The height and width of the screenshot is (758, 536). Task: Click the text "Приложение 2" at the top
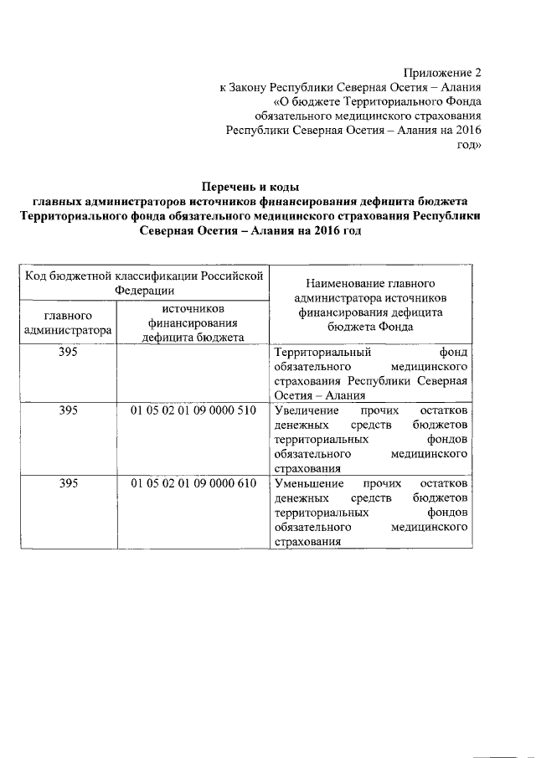[x=444, y=73]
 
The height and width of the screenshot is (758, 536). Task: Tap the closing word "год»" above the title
[x=468, y=144]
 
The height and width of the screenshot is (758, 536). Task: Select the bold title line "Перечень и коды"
[x=251, y=187]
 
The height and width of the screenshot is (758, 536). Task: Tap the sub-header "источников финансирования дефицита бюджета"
[x=193, y=323]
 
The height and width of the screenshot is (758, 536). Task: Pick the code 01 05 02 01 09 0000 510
[x=193, y=412]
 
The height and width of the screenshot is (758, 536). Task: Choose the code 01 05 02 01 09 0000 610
[x=193, y=485]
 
